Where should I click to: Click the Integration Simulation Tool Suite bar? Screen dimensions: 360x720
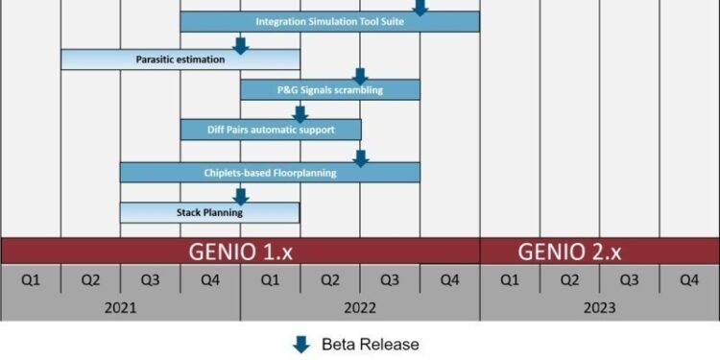coord(329,21)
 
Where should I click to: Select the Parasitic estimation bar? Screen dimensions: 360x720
coord(180,60)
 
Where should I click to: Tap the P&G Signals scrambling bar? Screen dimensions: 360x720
coord(329,90)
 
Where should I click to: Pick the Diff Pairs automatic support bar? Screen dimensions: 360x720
coord(271,129)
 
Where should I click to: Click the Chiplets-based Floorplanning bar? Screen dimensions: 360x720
coord(270,173)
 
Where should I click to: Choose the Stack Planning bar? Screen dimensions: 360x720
coord(209,212)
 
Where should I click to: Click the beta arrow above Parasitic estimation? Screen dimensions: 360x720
coord(241,43)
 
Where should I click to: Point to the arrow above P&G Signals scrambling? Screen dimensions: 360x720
coord(360,75)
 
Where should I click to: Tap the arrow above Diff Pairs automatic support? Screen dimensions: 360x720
coord(300,112)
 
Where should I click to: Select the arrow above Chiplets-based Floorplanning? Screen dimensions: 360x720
coord(360,156)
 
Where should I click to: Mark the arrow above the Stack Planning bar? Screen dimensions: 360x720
coord(241,196)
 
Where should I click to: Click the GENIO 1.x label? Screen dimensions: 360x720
coord(241,252)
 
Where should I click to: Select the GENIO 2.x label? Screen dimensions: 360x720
coord(570,252)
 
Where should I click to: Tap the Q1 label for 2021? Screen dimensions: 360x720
coord(31,279)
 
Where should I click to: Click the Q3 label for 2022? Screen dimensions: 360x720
coord(390,279)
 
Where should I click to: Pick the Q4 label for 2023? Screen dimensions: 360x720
coord(689,279)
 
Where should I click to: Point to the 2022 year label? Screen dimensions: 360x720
coord(360,308)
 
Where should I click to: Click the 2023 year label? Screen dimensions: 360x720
coord(600,308)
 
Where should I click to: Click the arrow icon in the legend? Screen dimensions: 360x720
coord(301,344)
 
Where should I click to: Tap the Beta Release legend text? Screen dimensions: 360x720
coord(371,344)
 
